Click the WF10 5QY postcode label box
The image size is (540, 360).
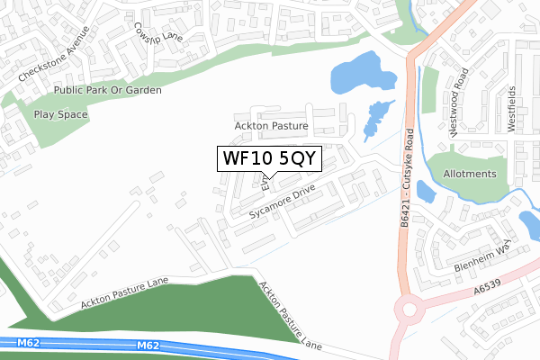[x=267, y=158]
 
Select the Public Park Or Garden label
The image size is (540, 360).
[x=107, y=90]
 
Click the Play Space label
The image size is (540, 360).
[x=60, y=115]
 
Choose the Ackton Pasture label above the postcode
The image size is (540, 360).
[x=271, y=127]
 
